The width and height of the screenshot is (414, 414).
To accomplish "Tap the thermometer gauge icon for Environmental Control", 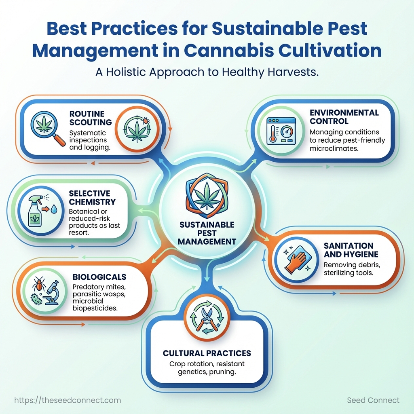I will coord(281,130).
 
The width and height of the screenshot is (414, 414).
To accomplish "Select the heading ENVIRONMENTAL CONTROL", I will coord(344,117).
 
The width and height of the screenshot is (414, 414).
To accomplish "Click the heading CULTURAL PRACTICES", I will coord(207,353).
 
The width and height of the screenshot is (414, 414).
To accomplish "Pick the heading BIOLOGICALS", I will coord(99,277).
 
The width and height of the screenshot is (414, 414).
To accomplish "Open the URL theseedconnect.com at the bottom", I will coord(68,400).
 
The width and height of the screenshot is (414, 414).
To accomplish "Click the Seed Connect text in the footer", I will coord(373,400).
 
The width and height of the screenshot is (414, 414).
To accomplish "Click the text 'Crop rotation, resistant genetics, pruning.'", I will coord(207,368).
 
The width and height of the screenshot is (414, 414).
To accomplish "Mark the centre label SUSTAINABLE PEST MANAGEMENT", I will coord(207,233).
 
